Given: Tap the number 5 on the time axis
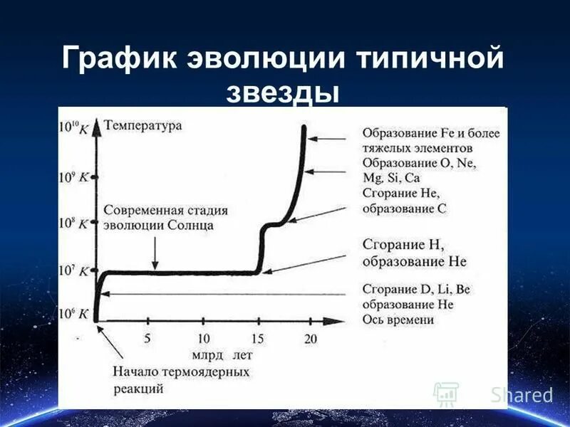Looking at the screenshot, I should (147, 339).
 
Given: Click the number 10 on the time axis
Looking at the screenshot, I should (203, 339).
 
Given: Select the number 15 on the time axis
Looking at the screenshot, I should (257, 339).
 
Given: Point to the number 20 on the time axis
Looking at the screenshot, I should (310, 339).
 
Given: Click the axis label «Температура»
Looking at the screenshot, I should (142, 126).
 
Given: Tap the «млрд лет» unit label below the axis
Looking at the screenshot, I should (221, 354).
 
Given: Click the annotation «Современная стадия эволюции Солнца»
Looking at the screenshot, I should (165, 218).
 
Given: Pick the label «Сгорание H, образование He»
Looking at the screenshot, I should (413, 253).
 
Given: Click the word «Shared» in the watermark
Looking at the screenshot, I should (522, 394).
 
